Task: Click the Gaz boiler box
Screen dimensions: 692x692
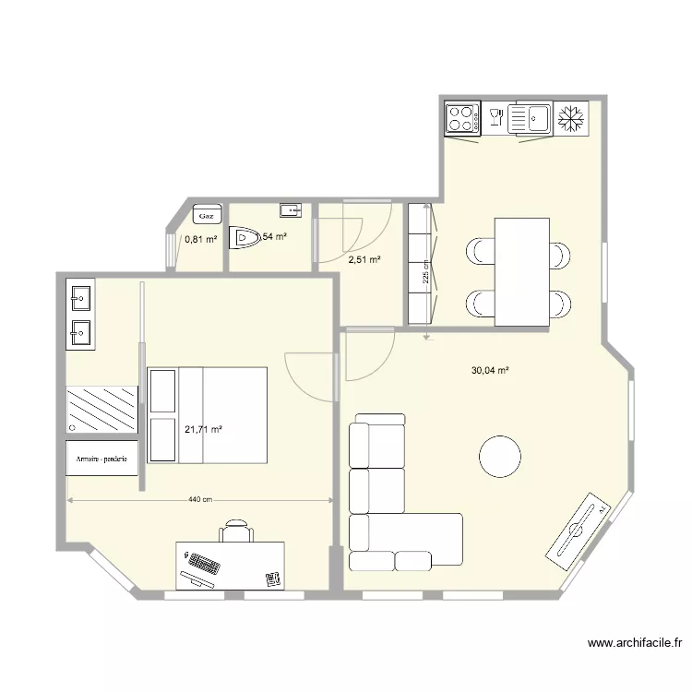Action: [x=207, y=215]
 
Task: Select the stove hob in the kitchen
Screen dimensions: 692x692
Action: [x=462, y=118]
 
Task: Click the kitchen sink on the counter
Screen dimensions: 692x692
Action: [x=529, y=118]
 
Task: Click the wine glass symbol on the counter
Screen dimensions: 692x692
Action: [x=495, y=116]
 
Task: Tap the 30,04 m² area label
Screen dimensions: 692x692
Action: [x=491, y=371]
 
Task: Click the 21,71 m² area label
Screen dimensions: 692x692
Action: [x=203, y=429]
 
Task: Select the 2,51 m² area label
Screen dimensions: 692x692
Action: [x=364, y=260]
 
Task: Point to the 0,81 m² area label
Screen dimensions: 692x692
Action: [x=200, y=239]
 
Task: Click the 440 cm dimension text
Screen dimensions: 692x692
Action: [x=200, y=500]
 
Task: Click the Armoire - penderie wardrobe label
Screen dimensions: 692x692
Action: [x=101, y=458]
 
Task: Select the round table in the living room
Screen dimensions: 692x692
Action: [x=500, y=456]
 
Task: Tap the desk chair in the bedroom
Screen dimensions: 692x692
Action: [x=237, y=531]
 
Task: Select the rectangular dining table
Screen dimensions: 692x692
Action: [x=521, y=271]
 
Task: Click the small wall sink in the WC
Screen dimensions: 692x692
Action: [x=291, y=209]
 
